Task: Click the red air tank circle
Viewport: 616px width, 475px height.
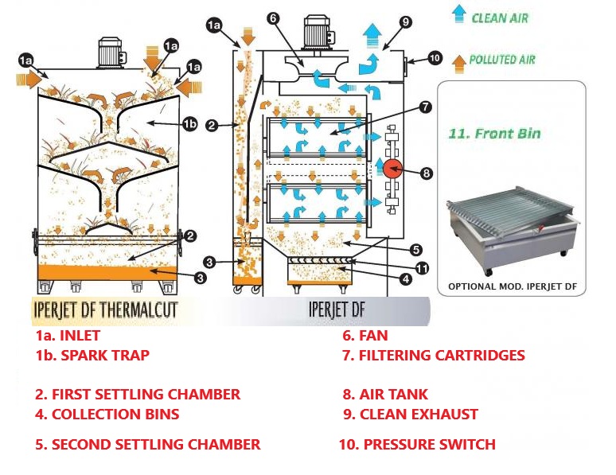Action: click(391, 168)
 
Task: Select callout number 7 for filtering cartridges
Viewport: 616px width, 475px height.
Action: click(426, 106)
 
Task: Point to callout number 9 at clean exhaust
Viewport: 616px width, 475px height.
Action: click(406, 23)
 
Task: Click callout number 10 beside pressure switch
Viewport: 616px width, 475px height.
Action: click(435, 57)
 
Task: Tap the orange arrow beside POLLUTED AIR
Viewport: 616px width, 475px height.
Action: click(458, 59)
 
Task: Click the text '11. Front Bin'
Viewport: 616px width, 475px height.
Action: click(494, 134)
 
